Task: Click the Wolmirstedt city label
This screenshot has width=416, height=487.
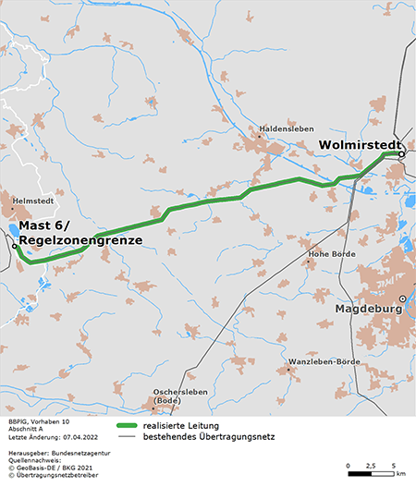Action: [x=361, y=145]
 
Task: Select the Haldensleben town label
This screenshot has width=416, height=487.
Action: [x=288, y=128]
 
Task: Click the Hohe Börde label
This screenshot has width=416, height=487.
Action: [x=331, y=252]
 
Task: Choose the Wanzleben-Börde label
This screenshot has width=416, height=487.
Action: [x=324, y=360]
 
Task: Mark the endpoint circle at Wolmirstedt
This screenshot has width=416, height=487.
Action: [x=402, y=155]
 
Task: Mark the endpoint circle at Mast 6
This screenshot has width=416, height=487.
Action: [x=14, y=248]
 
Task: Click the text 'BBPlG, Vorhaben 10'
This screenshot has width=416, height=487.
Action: [x=38, y=421]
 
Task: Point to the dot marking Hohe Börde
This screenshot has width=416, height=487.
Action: [x=309, y=262]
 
